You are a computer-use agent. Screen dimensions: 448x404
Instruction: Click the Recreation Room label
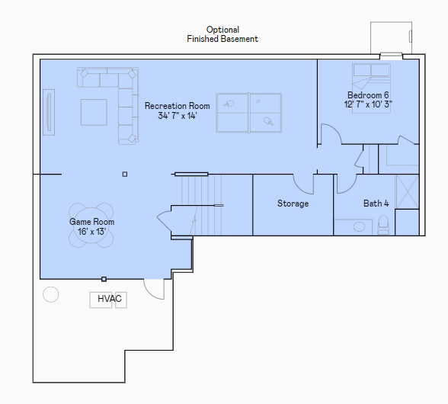(x=177, y=106)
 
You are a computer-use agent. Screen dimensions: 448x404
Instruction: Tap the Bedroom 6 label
(x=368, y=95)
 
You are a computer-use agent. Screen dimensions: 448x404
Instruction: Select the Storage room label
(x=293, y=204)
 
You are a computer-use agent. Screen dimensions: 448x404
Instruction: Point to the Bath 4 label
(x=376, y=204)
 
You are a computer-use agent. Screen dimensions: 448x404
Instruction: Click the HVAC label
(x=110, y=299)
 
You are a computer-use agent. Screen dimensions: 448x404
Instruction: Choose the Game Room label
(x=91, y=222)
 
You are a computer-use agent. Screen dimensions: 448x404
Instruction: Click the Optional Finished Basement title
(x=222, y=34)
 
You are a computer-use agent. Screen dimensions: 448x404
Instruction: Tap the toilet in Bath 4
(x=383, y=225)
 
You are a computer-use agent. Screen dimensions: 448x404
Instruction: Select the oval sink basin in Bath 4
(x=359, y=227)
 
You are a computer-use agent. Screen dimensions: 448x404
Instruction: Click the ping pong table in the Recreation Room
(x=249, y=113)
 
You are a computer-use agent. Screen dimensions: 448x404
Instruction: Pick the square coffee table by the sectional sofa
(x=94, y=112)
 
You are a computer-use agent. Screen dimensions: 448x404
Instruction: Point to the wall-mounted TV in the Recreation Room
(x=49, y=112)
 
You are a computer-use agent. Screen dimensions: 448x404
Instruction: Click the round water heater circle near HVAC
(x=51, y=294)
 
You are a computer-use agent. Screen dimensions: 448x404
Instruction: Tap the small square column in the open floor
(x=125, y=174)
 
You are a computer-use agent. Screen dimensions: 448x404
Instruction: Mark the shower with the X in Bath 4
(x=407, y=192)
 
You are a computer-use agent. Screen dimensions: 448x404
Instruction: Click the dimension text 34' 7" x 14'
(x=178, y=116)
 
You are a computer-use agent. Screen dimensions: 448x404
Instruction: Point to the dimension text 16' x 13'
(x=91, y=231)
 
